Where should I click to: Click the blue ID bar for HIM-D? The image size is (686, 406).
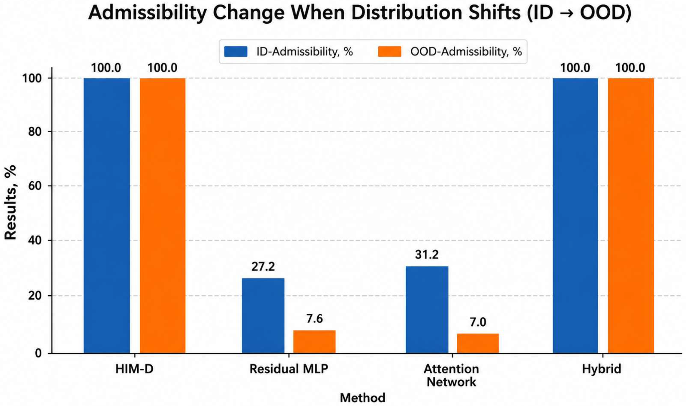107,215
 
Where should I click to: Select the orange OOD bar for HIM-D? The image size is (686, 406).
163,215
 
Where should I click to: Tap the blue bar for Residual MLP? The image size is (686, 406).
263,315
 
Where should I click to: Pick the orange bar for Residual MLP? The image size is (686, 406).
314,342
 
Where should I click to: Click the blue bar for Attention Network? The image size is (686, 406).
427,309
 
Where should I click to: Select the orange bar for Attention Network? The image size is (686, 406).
478,343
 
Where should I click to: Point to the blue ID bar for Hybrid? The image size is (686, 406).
575,215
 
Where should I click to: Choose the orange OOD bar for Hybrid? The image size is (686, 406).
631,215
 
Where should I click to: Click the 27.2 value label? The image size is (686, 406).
263,267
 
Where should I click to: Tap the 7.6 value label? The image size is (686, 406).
315,319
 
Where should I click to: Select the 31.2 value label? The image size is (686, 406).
427,255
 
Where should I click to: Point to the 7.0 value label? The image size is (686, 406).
478,322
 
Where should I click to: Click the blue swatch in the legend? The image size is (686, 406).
236,51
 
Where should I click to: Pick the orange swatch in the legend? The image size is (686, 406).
389,51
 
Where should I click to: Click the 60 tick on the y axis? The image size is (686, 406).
35,186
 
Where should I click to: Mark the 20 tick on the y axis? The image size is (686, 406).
35,296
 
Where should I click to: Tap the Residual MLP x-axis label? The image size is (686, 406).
289,369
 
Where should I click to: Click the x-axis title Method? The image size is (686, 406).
363,398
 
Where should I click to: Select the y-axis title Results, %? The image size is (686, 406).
10,202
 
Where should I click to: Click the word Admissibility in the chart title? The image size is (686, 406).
148,13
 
